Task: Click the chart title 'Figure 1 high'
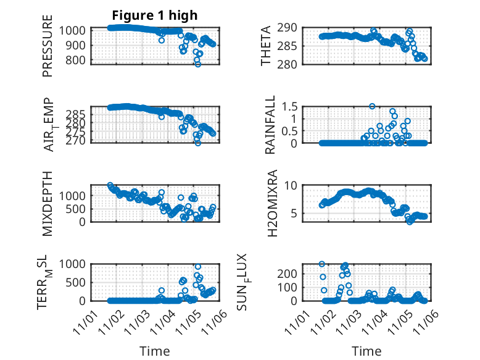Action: coord(155,15)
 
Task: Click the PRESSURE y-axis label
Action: coord(48,46)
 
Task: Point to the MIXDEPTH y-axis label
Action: coord(48,203)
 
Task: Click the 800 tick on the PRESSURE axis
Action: coord(77,60)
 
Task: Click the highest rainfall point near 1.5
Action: coord(372,106)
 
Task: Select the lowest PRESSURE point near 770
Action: coord(197,64)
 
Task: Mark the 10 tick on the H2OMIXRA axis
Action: coord(297,185)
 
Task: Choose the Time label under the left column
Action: coord(154,351)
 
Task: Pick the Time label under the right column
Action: coord(366,351)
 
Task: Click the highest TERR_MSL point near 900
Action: coord(197,267)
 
